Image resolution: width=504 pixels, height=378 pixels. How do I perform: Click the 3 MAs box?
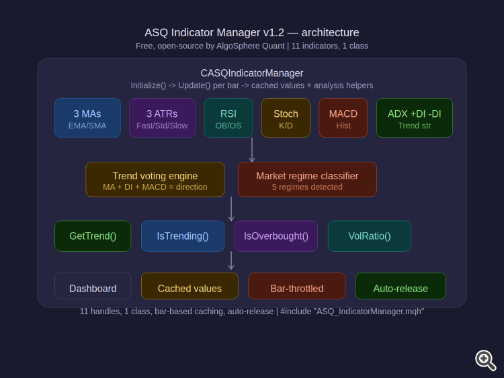(87, 118)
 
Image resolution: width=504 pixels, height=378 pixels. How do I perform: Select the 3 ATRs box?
(162, 118)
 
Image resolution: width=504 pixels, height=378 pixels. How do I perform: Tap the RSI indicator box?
(228, 118)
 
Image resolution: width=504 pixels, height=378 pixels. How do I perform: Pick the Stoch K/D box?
(286, 118)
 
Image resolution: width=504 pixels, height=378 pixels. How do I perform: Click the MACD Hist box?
(343, 118)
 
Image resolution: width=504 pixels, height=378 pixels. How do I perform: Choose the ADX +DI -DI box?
(414, 118)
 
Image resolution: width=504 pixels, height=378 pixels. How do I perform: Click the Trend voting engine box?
(155, 179)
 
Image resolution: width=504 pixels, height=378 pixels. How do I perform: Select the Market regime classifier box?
(307, 179)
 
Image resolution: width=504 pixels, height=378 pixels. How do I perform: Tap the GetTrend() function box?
(93, 236)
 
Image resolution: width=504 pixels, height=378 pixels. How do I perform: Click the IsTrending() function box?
(183, 236)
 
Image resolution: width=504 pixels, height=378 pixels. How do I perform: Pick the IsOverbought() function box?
(276, 236)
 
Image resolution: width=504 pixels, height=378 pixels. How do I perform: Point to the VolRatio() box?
(369, 236)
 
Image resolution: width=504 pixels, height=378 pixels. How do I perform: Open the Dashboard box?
(93, 287)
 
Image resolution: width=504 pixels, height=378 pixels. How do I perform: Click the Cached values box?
(190, 287)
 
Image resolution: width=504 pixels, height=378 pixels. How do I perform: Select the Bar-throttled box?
(296, 287)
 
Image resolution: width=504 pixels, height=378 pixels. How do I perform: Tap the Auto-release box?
(401, 287)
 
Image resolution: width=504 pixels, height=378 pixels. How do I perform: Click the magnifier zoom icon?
(485, 360)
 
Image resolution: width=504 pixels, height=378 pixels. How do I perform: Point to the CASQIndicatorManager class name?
(252, 73)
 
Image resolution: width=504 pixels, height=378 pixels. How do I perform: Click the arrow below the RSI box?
(252, 150)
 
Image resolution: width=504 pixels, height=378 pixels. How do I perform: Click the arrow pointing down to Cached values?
(231, 261)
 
